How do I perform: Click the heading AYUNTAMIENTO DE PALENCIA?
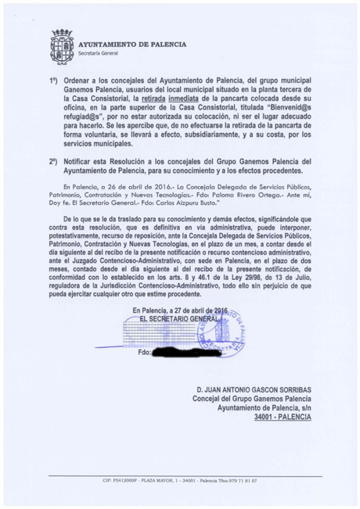coord(132,45)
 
